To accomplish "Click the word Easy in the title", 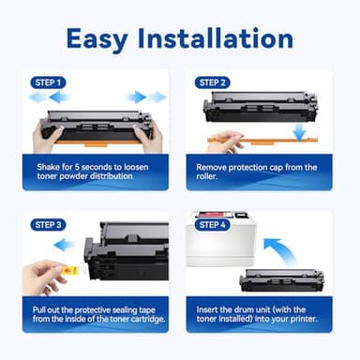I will click(x=100, y=38).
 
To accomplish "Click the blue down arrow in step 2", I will click(x=297, y=132).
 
